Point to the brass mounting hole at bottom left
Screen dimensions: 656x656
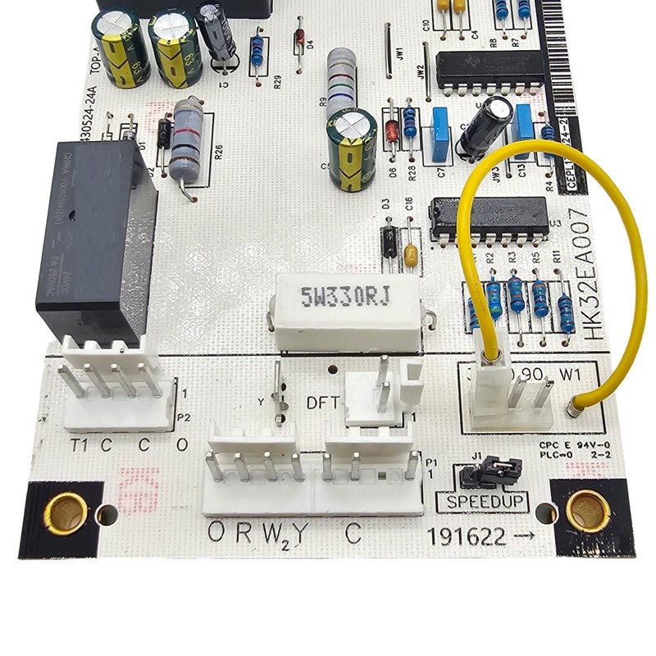pos(66,512)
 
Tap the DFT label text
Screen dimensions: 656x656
pos(322,403)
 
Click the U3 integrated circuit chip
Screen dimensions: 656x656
pos(489,217)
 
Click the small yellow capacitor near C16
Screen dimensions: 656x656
pos(411,255)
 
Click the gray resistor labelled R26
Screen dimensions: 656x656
pos(188,139)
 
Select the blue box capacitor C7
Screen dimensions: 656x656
pos(440,129)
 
